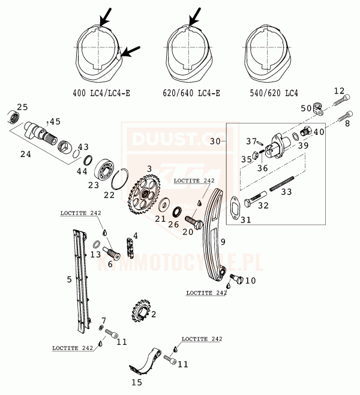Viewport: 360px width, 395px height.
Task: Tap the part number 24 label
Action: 25,154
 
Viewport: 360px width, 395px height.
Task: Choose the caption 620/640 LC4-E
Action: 191,94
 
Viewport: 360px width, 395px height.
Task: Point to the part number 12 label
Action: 339,91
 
